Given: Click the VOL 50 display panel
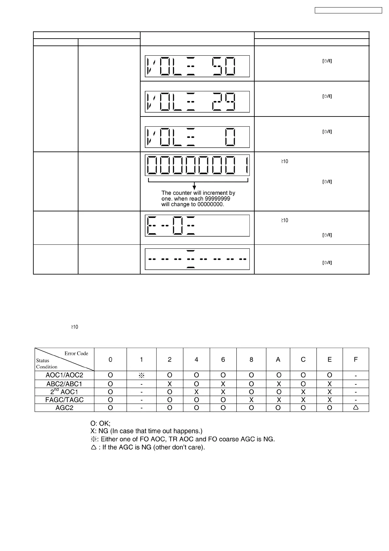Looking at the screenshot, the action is tap(197, 66).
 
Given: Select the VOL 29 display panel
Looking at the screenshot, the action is tap(197, 102).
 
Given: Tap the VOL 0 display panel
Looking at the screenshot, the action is tap(197, 137).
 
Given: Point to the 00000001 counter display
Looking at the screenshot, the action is tap(197, 165).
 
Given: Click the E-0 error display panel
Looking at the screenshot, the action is tap(197, 225).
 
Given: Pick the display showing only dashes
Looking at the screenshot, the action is tap(197, 259).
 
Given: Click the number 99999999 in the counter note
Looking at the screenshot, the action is tap(217, 199).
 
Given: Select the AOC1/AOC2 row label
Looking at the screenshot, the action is tap(64, 375).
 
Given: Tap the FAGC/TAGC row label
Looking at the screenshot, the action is tap(64, 400).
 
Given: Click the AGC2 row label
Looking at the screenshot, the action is tap(64, 408).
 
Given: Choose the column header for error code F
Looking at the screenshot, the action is tap(356, 360).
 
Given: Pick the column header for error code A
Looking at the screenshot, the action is tap(278, 360).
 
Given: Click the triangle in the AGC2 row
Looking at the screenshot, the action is tap(356, 408).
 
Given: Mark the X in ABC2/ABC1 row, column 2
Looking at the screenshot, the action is tap(170, 384).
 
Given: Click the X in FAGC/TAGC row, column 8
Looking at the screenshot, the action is tap(251, 400).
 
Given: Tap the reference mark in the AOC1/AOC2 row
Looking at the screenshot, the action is tap(142, 376).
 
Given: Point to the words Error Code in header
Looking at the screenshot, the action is tap(76, 353).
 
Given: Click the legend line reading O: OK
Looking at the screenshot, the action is tap(100, 423).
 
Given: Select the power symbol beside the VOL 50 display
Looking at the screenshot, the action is tap(327, 61).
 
